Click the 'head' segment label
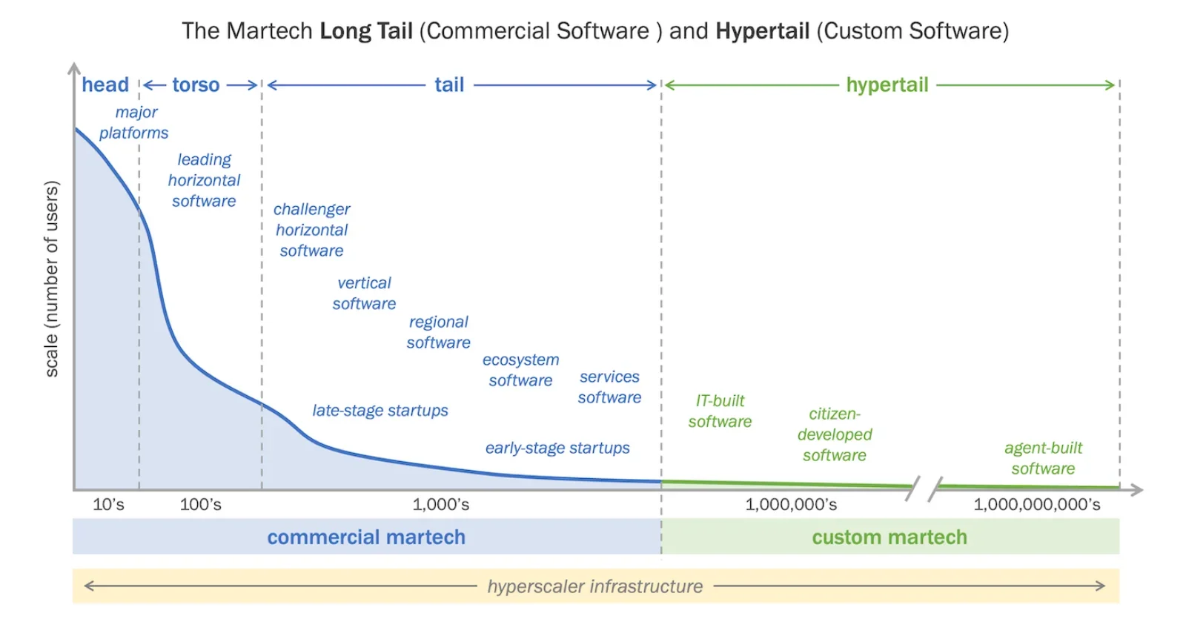(105, 85)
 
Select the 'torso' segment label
(196, 85)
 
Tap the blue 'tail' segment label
(449, 85)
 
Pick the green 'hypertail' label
(887, 85)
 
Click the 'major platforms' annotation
(134, 122)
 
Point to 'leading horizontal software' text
(204, 180)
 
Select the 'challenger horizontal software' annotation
(311, 230)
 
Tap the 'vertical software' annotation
(364, 294)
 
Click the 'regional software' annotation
(438, 332)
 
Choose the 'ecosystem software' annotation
(520, 370)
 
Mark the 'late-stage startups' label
(380, 411)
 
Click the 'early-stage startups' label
(557, 448)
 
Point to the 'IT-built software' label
(720, 411)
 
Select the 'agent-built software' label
(1043, 458)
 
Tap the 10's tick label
(108, 505)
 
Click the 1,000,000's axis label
(791, 505)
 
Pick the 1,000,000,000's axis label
(1036, 505)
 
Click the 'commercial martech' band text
(366, 537)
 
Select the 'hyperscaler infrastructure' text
(594, 586)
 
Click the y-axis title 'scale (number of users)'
(51, 279)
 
